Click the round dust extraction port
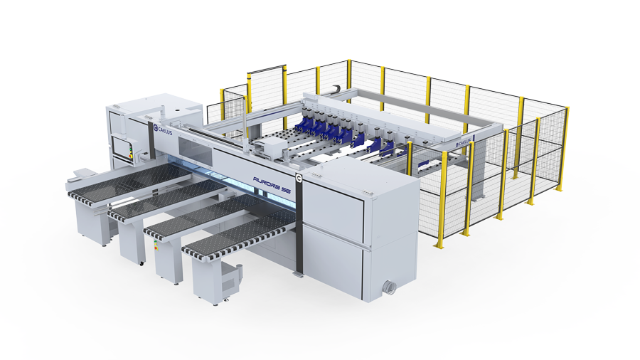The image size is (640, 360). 390,287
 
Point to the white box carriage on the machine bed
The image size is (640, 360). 270,148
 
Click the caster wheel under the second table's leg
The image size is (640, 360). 142,263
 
